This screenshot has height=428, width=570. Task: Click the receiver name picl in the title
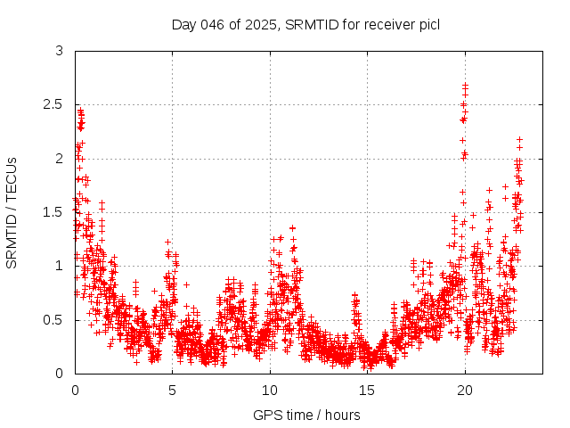[x=426, y=24]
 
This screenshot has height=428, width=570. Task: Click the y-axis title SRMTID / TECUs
[x=12, y=212]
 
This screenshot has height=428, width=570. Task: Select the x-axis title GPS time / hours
[x=306, y=415]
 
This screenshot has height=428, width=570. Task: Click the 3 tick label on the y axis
[x=59, y=51]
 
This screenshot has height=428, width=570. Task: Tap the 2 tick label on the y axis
[x=59, y=158]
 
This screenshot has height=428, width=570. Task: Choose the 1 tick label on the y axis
[x=59, y=266]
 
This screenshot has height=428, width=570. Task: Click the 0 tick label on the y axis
[x=59, y=373]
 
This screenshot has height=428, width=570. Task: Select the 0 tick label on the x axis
[x=75, y=391]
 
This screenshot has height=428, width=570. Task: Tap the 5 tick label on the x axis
[x=172, y=391]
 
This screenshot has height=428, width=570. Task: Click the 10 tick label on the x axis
[x=270, y=391]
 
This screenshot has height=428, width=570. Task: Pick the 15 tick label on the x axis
[x=367, y=391]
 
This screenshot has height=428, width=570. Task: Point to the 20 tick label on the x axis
[x=464, y=391]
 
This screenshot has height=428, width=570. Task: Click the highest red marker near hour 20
[x=465, y=85]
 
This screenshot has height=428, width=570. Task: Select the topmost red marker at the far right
[x=519, y=140]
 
